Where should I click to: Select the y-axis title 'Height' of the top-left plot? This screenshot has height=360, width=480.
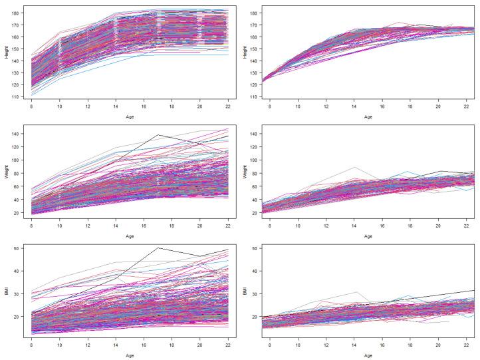[6, 54]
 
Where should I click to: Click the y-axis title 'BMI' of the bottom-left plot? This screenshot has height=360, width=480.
[6, 292]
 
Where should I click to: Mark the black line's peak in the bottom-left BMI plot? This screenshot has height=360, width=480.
[158, 248]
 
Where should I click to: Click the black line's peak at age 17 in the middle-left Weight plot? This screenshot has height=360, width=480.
[158, 135]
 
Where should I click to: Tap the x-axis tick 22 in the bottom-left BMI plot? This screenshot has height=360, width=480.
[227, 346]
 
